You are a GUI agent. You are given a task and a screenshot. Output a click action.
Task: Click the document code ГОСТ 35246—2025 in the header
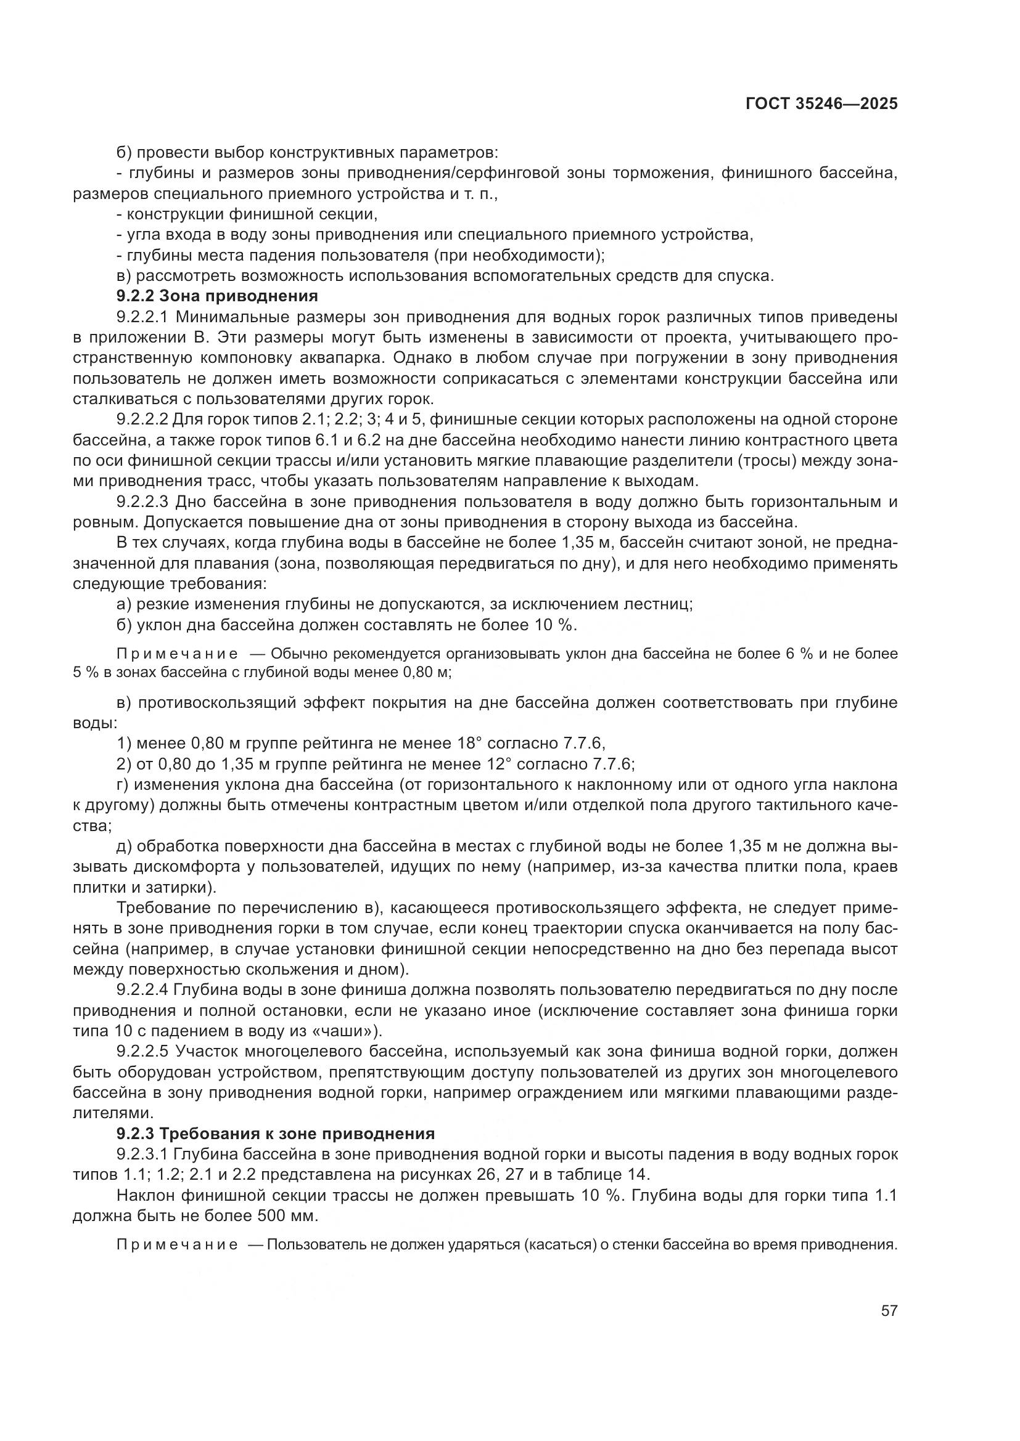coord(821,104)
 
